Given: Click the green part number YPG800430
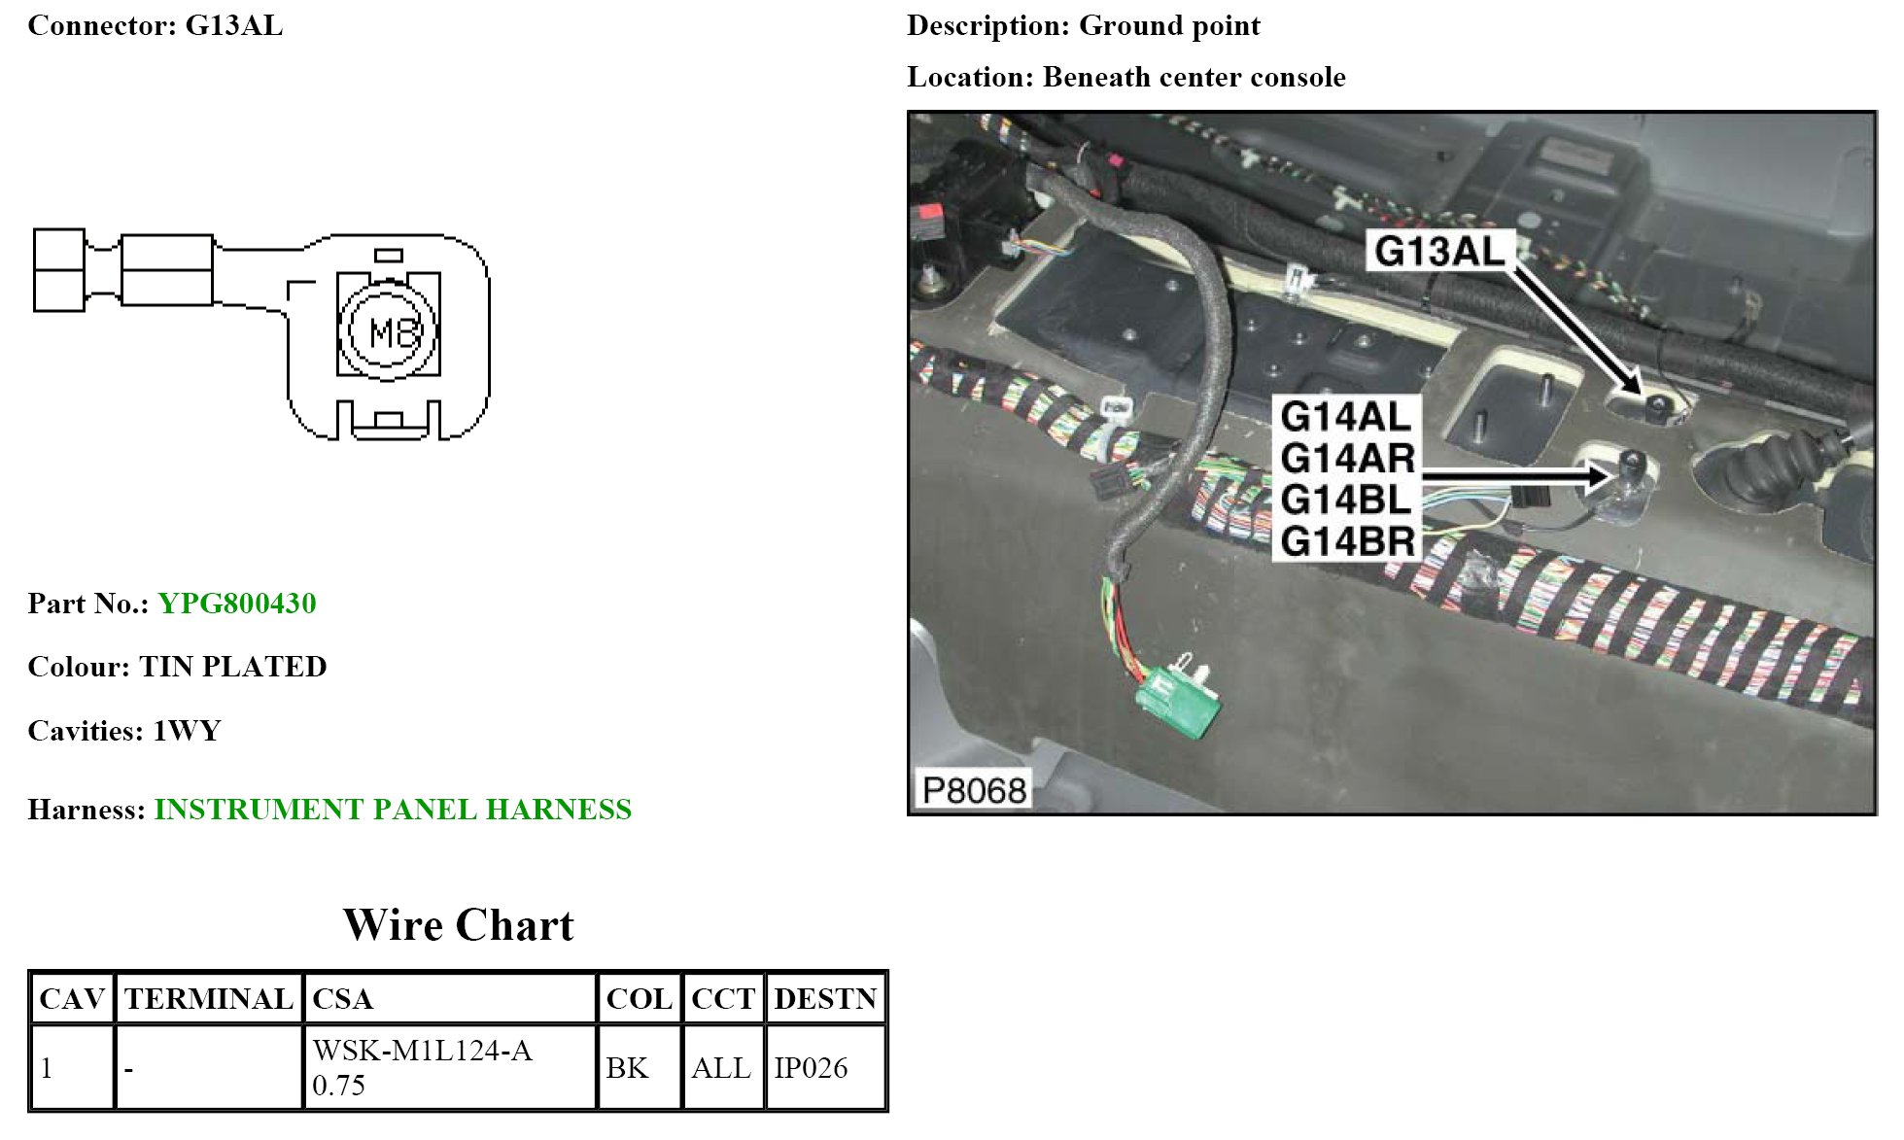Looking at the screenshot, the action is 236,604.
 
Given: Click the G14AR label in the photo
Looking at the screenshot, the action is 1347,458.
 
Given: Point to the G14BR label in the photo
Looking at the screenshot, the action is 1347,541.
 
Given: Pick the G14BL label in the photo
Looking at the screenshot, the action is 1346,500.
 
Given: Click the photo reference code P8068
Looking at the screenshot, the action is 974,790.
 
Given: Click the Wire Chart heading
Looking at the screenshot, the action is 458,925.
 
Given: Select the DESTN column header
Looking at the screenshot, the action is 825,999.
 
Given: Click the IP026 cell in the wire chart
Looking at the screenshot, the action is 811,1068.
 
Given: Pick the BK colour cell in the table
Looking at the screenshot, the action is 627,1068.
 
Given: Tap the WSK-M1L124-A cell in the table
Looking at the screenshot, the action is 423,1052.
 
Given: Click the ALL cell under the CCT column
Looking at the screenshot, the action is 721,1068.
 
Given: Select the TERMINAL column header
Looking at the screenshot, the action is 208,999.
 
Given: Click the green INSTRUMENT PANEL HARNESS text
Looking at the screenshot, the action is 393,810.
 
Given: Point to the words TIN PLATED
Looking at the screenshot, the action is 233,667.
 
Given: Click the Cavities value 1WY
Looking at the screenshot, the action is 187,731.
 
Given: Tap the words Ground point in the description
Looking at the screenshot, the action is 1169,26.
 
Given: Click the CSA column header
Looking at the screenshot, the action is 342,999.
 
